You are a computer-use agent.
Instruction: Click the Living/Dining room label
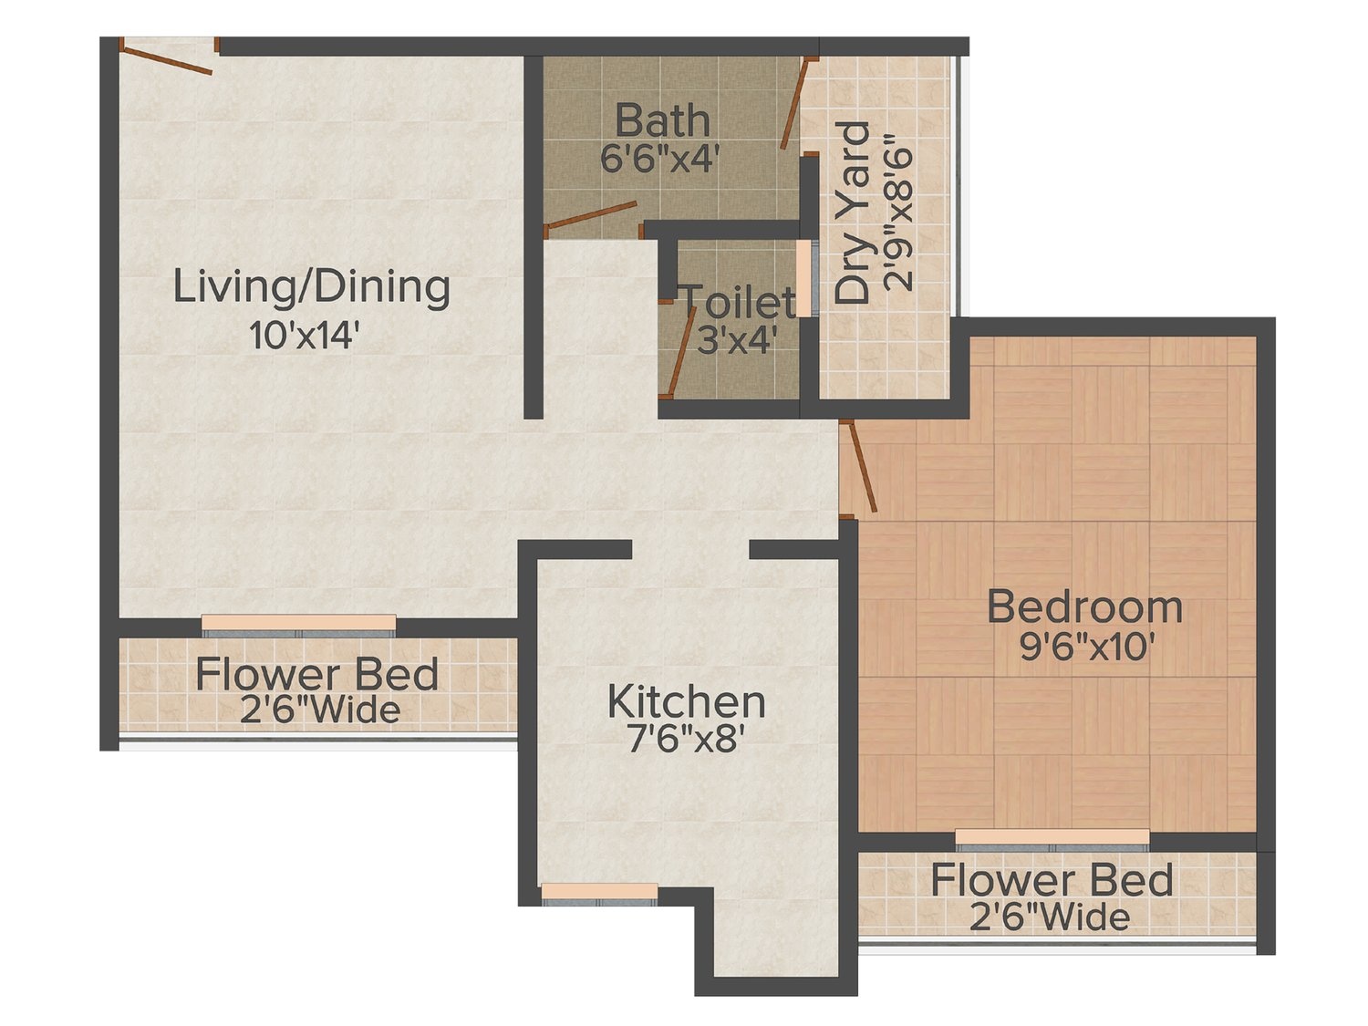coord(311,288)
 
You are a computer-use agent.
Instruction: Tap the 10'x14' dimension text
coord(305,335)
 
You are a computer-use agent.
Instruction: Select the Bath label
coord(662,121)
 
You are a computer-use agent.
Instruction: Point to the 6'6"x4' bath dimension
coord(660,158)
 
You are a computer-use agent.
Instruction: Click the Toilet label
coord(739,303)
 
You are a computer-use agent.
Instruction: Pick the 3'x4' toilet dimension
coord(736,341)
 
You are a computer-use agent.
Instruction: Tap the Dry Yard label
coord(852,212)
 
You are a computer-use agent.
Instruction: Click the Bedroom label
coord(1084,607)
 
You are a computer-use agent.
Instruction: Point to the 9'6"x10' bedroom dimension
coord(1083,646)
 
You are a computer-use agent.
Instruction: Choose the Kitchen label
coord(686,701)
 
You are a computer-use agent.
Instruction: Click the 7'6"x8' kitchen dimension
coord(686,740)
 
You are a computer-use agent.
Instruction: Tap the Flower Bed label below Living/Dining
coord(317,674)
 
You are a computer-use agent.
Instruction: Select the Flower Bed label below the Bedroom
coord(1052,881)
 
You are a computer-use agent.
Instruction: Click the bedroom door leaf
coord(863,467)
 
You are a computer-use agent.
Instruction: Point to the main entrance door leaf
coord(166,60)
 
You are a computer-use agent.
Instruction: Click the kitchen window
coord(599,893)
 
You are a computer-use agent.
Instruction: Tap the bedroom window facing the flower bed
coord(1052,839)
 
